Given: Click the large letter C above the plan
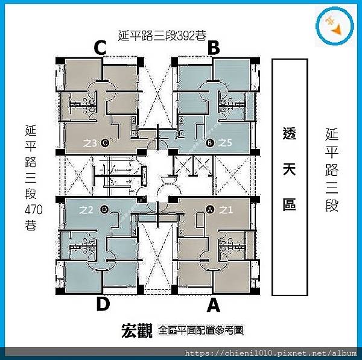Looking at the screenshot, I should (100, 48).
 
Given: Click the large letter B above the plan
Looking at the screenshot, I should (213, 48).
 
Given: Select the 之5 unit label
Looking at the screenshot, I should (225, 143).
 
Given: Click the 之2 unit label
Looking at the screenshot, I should (86, 210).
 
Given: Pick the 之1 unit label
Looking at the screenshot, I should (226, 210).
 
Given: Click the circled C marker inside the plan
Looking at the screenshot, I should (105, 143).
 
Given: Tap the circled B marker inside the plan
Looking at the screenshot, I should (210, 143).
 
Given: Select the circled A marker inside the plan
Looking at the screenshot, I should (211, 210).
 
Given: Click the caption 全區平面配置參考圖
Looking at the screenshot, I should (201, 330).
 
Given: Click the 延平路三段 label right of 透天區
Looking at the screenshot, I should (331, 169).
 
